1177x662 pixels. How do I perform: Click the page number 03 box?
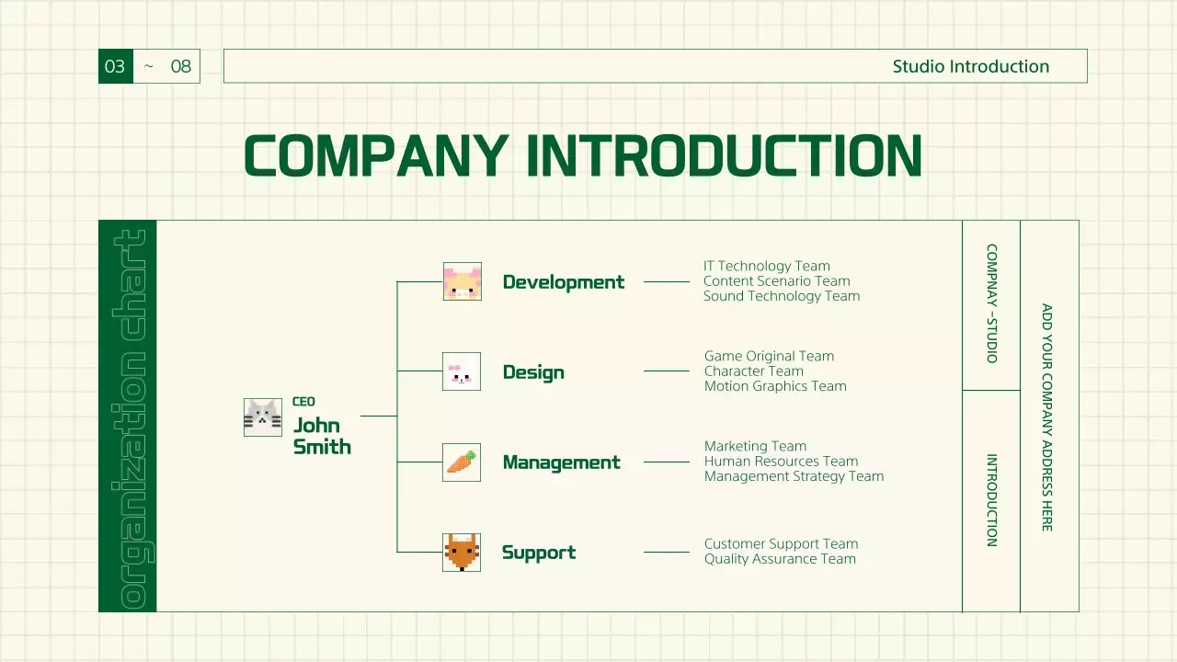115,66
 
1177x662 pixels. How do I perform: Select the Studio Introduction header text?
970,66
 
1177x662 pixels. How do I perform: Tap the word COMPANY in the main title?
375,155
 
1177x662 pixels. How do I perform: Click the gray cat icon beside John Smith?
263,417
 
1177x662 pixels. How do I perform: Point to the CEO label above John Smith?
303,402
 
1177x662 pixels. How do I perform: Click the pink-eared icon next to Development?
462,281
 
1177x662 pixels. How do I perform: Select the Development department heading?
563,282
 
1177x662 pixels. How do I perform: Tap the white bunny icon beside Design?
462,371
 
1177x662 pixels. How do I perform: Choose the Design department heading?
533,372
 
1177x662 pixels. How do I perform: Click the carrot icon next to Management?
462,462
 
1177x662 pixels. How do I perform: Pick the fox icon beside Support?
462,552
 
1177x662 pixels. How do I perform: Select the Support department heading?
539,553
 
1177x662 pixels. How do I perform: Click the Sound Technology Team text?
782,296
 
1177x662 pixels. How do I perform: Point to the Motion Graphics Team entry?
775,386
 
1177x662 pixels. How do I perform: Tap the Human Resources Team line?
781,462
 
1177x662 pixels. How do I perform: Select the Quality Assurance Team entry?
780,559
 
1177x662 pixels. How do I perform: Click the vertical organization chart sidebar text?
128,417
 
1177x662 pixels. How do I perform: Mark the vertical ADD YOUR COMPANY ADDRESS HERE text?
1047,417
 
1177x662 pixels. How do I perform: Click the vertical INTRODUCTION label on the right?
991,500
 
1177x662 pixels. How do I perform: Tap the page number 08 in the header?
181,66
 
